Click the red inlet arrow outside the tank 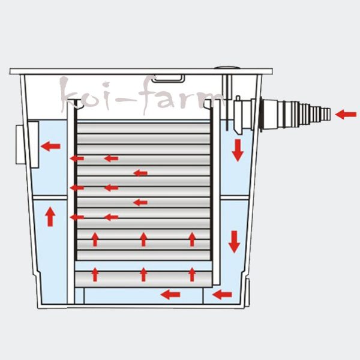click(346, 114)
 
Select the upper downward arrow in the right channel click(238, 149)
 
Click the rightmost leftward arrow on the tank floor click(223, 294)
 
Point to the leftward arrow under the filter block click(170, 294)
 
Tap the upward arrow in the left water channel click(50, 216)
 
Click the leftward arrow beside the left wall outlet click(50, 145)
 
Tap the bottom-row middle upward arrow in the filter click(143, 275)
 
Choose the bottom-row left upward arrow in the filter click(95, 275)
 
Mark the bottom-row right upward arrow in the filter click(192, 275)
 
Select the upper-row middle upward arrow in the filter click(143, 239)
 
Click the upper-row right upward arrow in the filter click(192, 239)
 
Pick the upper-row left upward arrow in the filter click(95, 239)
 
